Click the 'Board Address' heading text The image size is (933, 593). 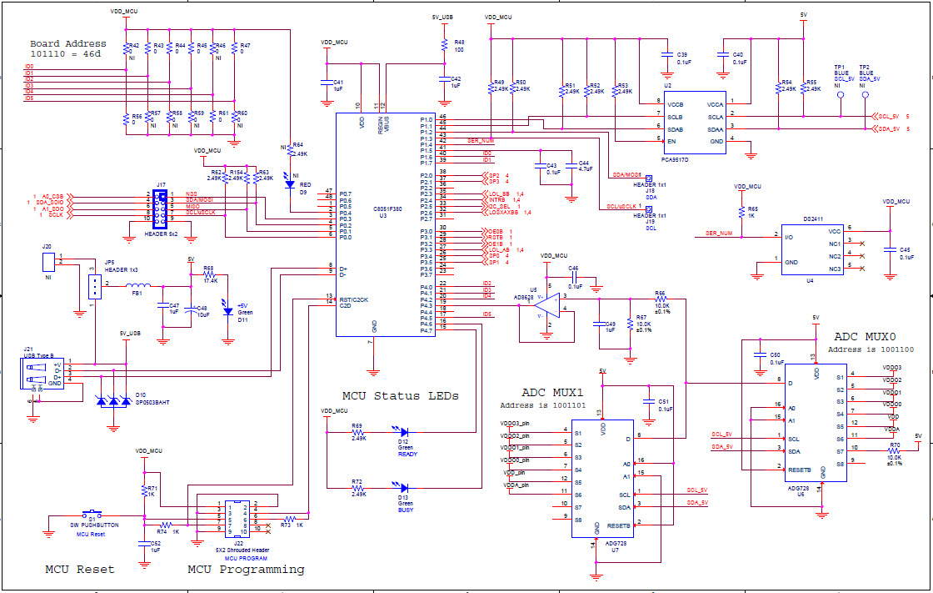click(x=68, y=43)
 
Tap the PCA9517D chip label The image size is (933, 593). click(x=676, y=158)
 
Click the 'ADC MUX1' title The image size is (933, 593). click(x=552, y=392)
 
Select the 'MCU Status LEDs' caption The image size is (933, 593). click(x=400, y=395)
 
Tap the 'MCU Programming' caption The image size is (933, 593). click(x=246, y=569)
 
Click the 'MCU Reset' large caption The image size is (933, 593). click(x=79, y=569)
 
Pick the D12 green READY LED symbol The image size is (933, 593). click(x=404, y=432)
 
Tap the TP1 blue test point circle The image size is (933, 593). click(x=840, y=95)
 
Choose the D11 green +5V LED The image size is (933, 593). click(x=227, y=310)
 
